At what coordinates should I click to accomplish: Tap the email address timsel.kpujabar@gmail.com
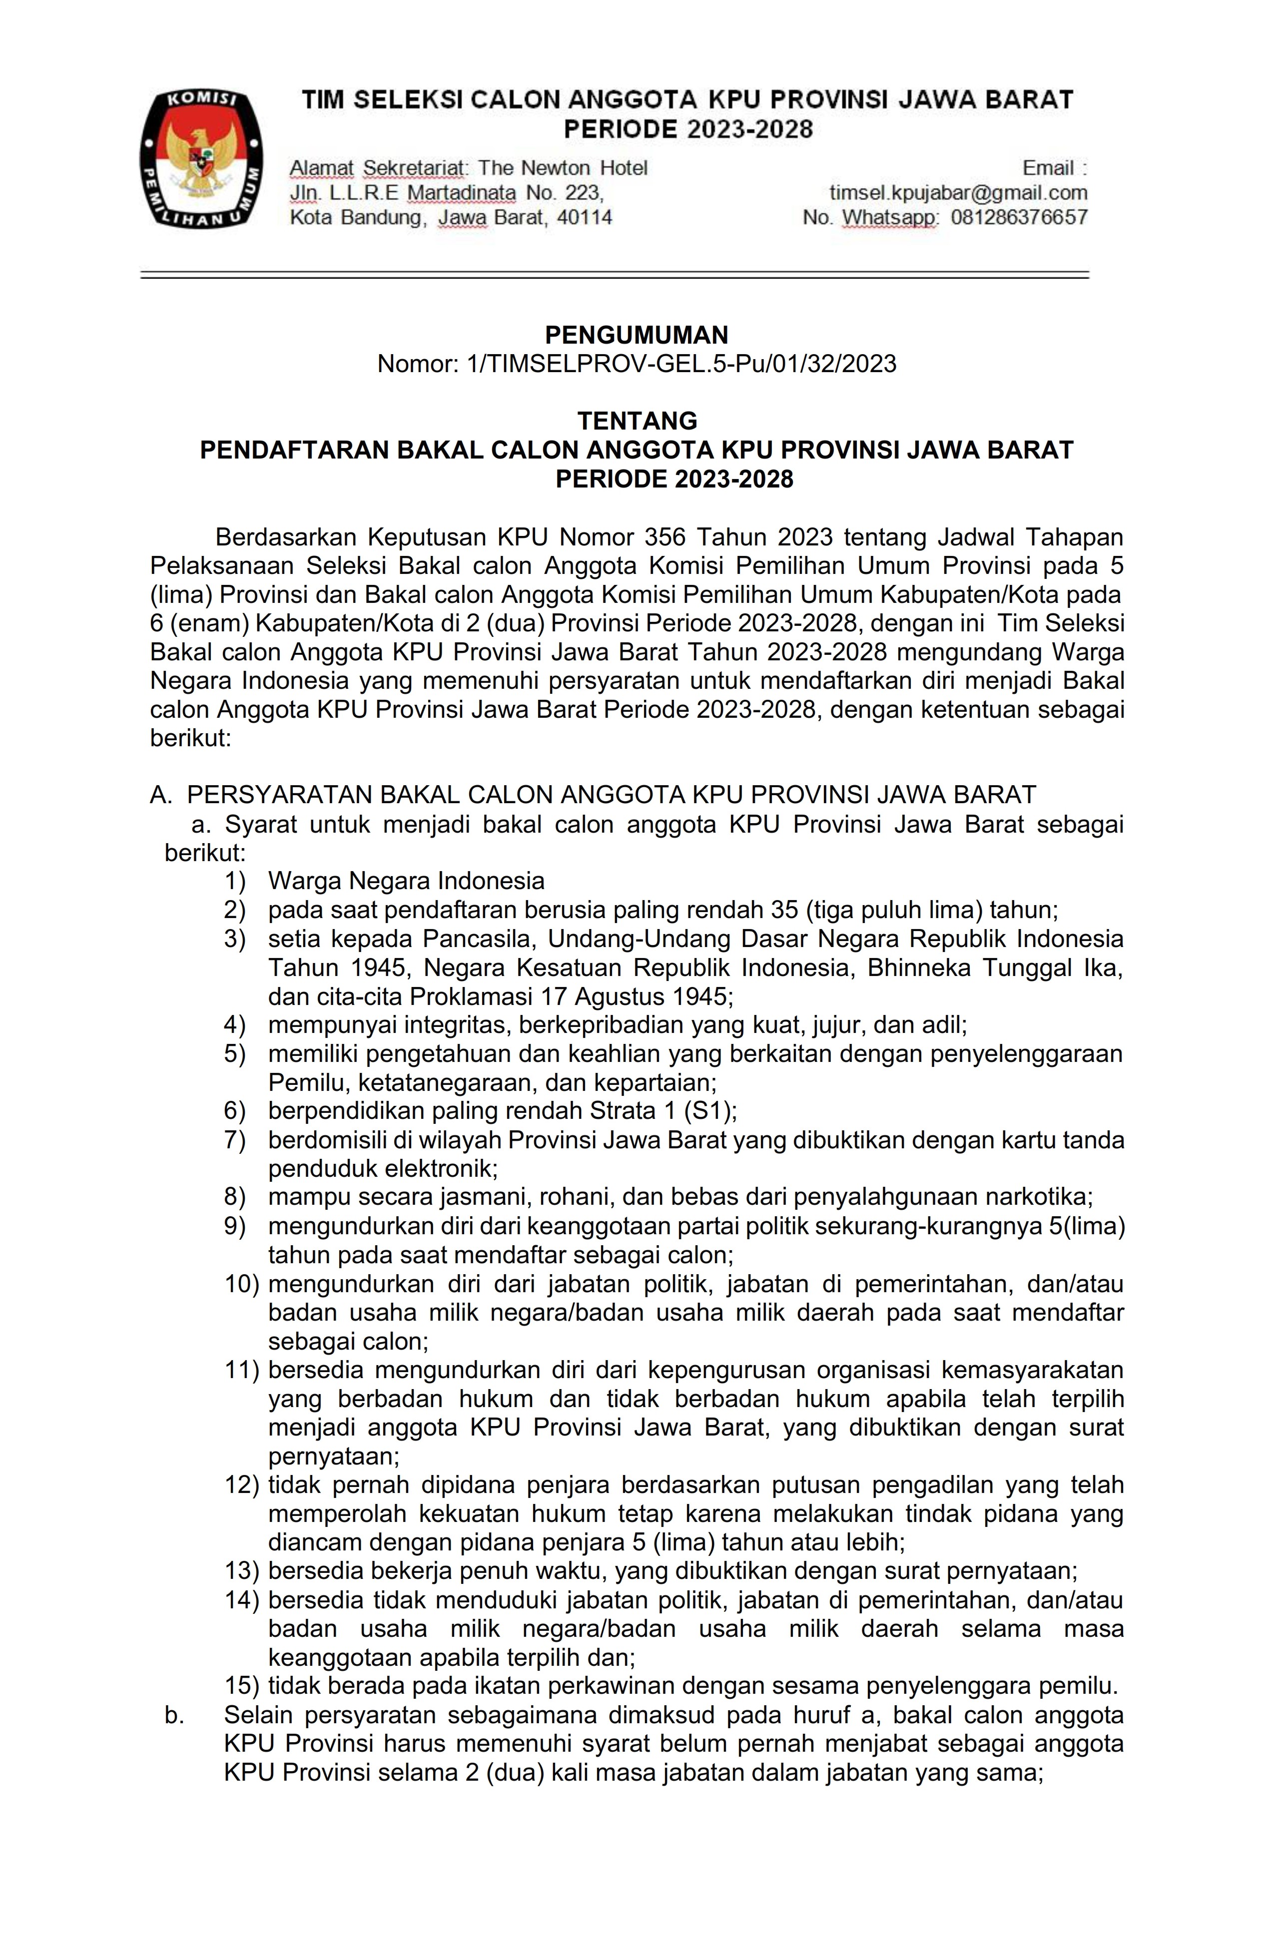958,193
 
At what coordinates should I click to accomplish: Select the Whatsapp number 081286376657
1019,218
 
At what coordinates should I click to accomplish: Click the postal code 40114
584,218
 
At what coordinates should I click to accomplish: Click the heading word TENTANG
637,421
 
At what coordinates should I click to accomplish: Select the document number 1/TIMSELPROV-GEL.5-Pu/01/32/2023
680,364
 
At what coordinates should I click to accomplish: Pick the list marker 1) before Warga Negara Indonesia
235,881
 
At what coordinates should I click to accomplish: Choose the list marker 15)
241,1685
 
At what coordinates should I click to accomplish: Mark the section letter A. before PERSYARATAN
160,795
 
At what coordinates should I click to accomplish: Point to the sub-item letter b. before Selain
173,1715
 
